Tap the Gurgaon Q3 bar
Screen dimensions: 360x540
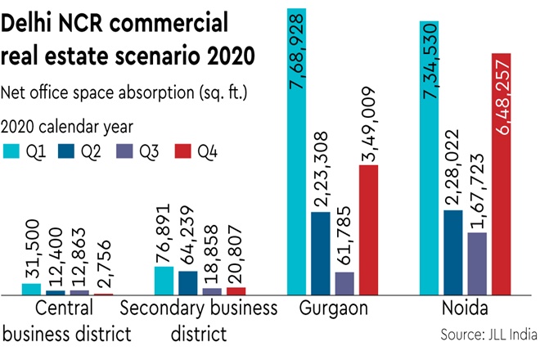[x=345, y=282]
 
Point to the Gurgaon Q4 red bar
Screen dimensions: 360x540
[x=369, y=229]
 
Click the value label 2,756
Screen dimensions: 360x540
[x=104, y=268]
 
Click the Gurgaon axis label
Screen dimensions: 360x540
[x=335, y=309]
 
